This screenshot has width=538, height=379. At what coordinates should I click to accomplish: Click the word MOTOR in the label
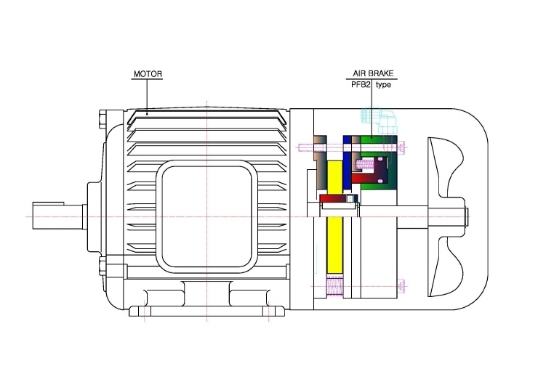(x=148, y=74)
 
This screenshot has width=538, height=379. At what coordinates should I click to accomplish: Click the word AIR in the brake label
(x=360, y=73)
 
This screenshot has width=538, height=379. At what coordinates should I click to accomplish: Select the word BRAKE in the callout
(x=381, y=73)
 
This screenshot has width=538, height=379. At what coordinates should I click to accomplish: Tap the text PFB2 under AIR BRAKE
(x=361, y=85)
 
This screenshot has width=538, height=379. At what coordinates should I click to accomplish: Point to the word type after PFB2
(x=383, y=85)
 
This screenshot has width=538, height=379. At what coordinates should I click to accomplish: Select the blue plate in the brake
(x=348, y=162)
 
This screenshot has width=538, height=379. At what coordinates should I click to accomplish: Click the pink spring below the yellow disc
(x=334, y=285)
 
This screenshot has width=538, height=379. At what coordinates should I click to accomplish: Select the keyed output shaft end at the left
(x=58, y=216)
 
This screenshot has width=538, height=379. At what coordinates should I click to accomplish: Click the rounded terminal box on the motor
(x=207, y=216)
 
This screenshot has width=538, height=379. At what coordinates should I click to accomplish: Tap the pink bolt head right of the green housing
(x=402, y=147)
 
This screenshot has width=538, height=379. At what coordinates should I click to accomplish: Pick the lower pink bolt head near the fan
(x=402, y=285)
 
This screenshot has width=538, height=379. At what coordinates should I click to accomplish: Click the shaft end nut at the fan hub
(x=466, y=216)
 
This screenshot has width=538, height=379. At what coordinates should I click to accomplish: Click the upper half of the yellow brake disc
(x=335, y=178)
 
